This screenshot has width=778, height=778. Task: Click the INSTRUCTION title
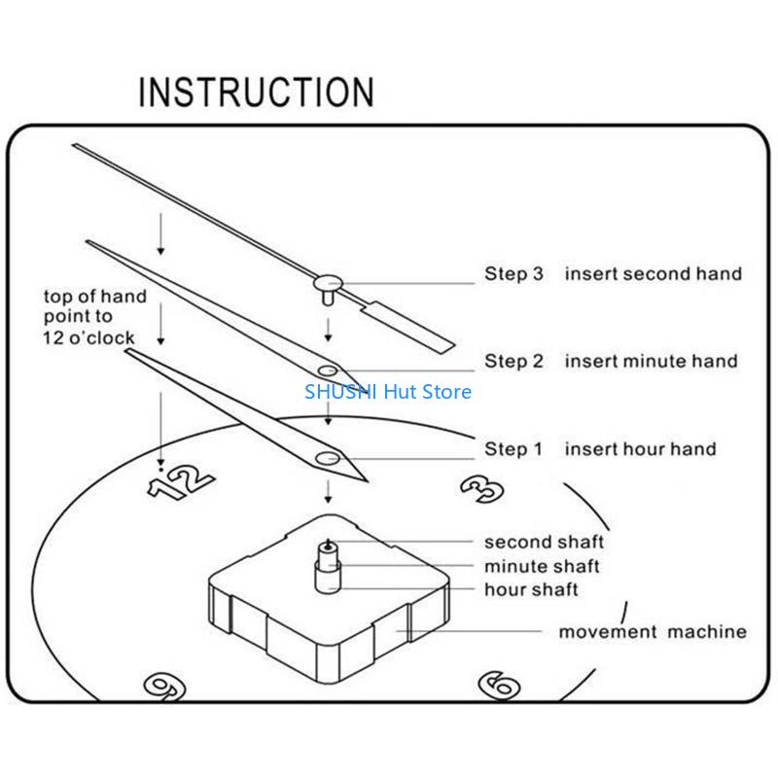click(256, 91)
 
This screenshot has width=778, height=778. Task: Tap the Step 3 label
click(514, 274)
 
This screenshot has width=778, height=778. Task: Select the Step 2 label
click(514, 362)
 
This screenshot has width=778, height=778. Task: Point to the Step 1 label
click(514, 449)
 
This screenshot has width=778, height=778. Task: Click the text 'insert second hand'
click(653, 274)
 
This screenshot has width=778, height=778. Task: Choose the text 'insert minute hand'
click(651, 362)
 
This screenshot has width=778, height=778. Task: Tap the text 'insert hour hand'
click(640, 449)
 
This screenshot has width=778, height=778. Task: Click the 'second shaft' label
click(544, 542)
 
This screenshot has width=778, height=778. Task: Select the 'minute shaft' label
click(542, 566)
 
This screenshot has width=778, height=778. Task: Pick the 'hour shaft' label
click(531, 589)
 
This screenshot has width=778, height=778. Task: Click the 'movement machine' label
click(652, 632)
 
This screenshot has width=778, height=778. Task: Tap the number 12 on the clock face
click(181, 479)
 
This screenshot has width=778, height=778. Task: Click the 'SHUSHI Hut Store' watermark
click(388, 392)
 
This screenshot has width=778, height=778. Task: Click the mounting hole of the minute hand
click(328, 371)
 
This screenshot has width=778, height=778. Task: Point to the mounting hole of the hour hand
click(328, 457)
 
